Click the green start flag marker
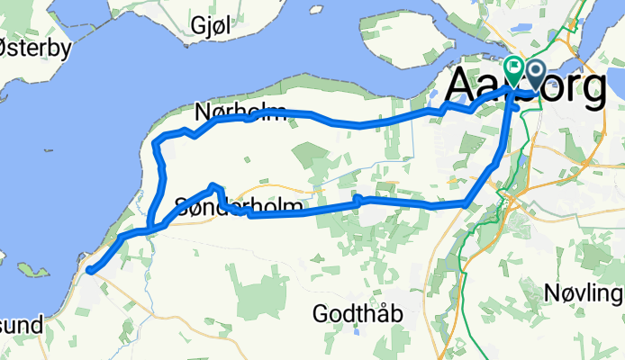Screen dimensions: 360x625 click(514, 67)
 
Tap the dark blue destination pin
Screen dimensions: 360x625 click(534, 72)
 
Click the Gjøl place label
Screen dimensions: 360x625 click(211, 26)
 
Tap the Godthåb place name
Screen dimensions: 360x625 click(357, 314)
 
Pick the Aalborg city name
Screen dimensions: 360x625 click(526, 88)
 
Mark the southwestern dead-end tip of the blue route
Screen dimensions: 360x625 click(90, 267)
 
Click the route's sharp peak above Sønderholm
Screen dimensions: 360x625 click(214, 185)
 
